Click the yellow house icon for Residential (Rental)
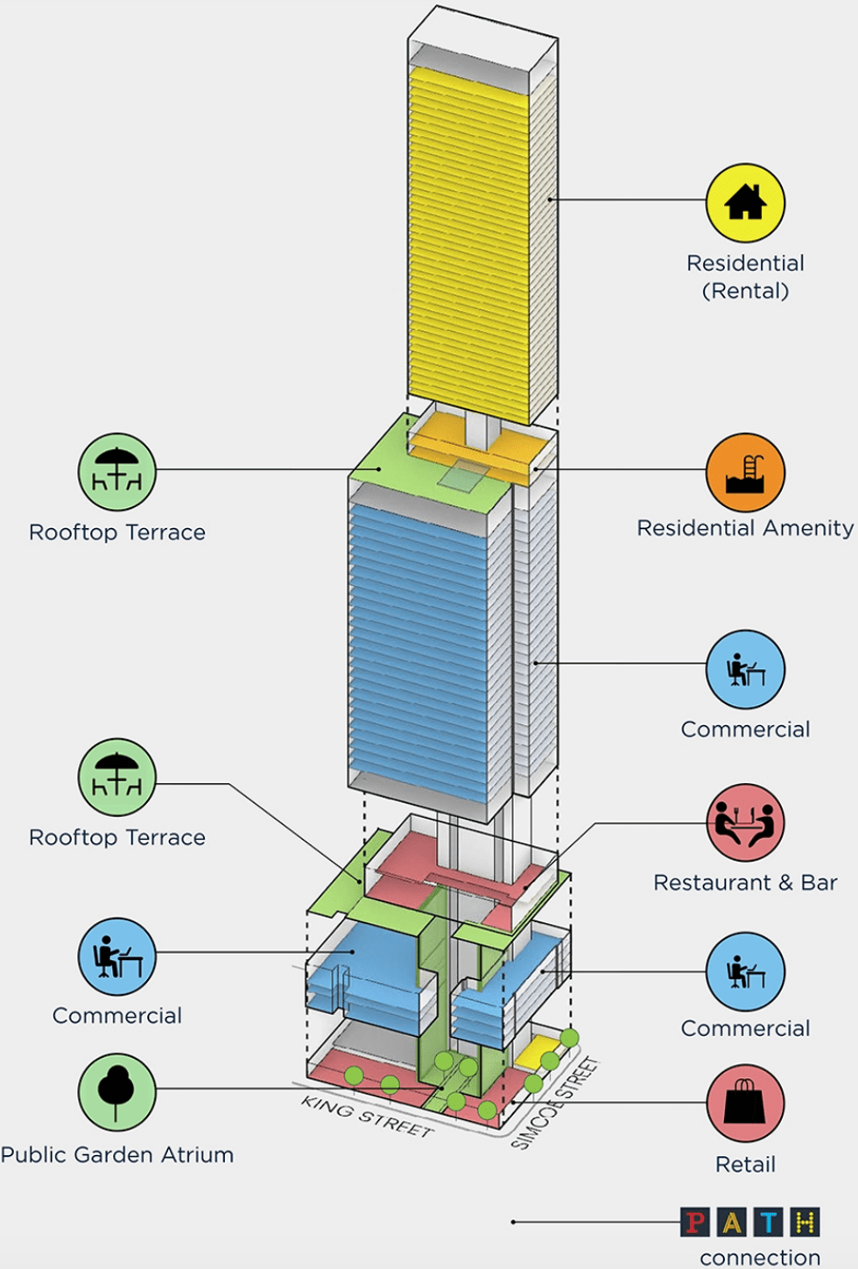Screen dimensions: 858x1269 coord(745,203)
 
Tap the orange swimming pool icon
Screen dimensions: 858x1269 coord(745,472)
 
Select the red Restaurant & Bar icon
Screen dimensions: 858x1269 coord(745,822)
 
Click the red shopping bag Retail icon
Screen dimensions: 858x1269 coord(745,1103)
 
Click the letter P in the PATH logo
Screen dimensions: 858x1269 coord(695,1222)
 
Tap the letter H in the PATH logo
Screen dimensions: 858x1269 coord(805,1222)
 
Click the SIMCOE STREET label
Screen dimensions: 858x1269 coord(554,1103)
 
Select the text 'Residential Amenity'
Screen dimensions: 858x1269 coord(745,528)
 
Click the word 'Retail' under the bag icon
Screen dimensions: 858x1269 coord(745,1164)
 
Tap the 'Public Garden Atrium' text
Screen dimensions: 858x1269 coord(117,1154)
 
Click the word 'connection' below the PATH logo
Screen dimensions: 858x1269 coord(760,1258)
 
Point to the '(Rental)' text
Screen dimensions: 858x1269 coord(745,291)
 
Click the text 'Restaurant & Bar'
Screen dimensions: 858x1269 coord(745,883)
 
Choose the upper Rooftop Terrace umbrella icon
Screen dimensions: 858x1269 coord(116,472)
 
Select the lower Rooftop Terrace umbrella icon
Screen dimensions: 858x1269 coord(116,778)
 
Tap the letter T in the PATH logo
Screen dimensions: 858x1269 coord(768,1222)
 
